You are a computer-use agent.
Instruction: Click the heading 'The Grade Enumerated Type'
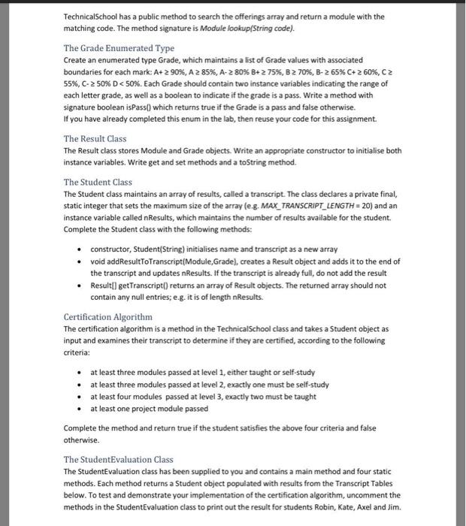[119, 48]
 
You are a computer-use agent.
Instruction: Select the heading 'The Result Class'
[95, 138]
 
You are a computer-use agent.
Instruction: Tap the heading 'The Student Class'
[98, 182]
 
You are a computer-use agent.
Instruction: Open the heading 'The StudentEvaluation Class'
[119, 459]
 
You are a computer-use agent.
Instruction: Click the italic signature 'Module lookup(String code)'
[251, 28]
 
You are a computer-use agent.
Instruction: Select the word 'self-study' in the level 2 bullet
[310, 384]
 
